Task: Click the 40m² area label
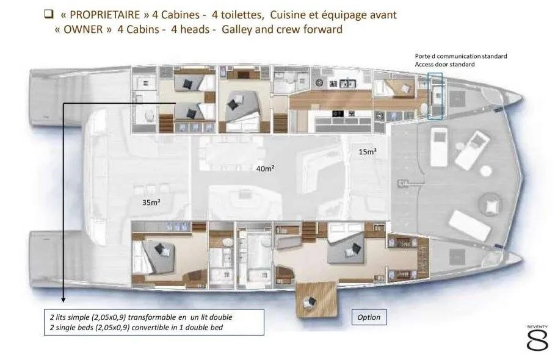pyautogui.click(x=265, y=168)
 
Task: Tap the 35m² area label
pyautogui.click(x=151, y=203)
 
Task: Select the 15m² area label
pyautogui.click(x=368, y=151)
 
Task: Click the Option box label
pyautogui.click(x=369, y=317)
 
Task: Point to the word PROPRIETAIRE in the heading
pyautogui.click(x=105, y=15)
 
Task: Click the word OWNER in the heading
pyautogui.click(x=83, y=29)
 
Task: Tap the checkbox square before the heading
pyautogui.click(x=48, y=14)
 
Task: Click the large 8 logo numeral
pyautogui.click(x=537, y=340)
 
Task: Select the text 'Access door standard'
pyautogui.click(x=444, y=64)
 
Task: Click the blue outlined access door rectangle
pyautogui.click(x=435, y=96)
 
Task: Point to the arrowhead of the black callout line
pyautogui.click(x=63, y=300)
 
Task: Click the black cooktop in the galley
pyautogui.click(x=337, y=113)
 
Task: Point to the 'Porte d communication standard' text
pyautogui.click(x=461, y=56)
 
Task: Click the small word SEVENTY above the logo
pyautogui.click(x=537, y=327)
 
